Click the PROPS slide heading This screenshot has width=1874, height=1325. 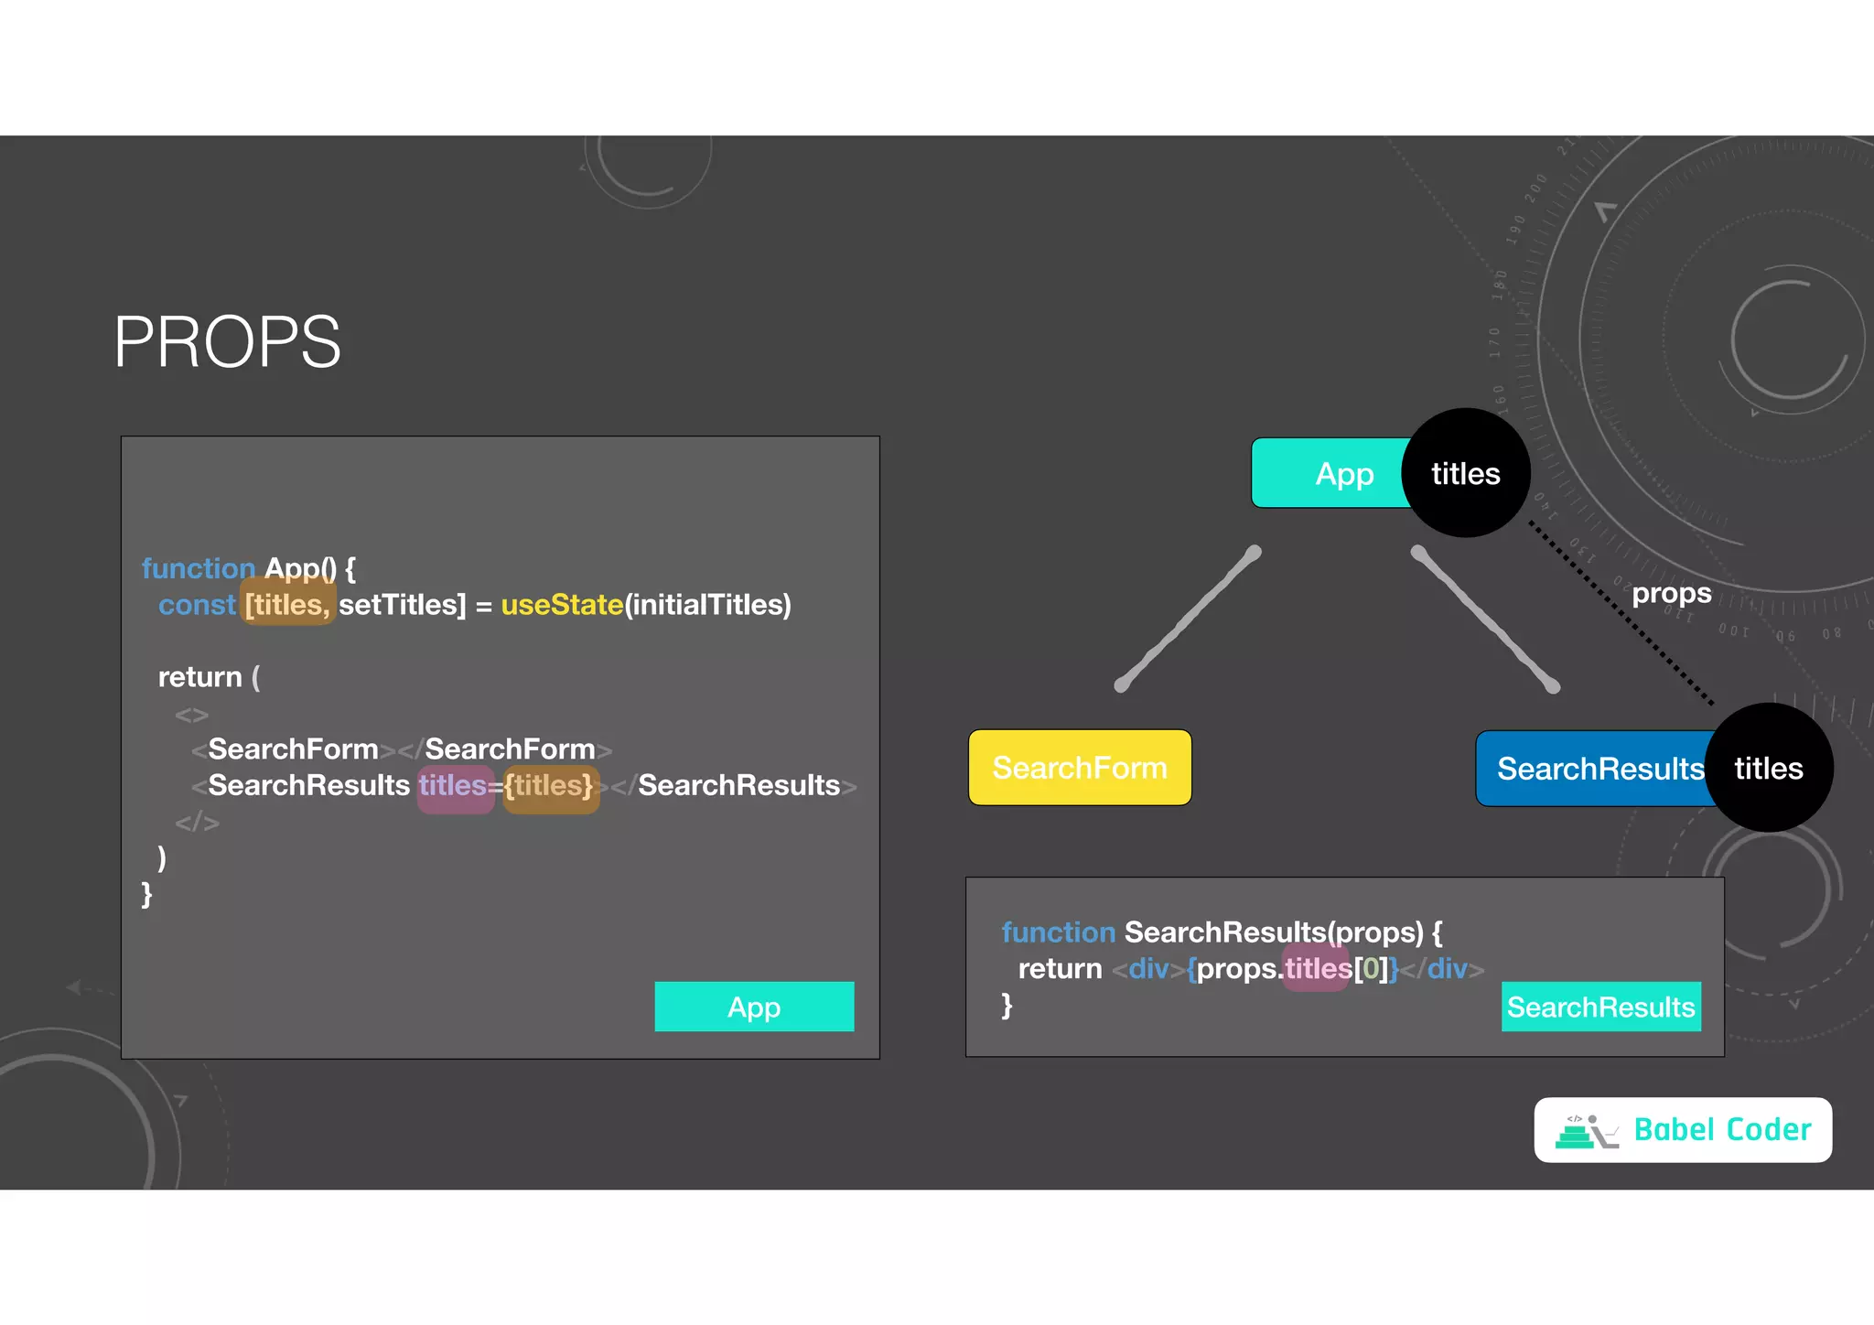227,342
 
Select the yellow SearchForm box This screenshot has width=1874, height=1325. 1080,768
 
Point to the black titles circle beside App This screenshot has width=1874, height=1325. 1466,473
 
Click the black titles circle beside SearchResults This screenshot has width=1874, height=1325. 1769,768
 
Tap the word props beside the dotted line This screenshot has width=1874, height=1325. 1671,593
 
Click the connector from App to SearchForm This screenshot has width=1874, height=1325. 1188,619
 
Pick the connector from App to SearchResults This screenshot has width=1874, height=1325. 1485,619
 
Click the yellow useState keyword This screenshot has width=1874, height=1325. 562,605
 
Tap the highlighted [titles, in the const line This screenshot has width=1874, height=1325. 287,605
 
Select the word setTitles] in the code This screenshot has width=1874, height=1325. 402,605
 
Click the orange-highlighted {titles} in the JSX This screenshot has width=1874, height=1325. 550,786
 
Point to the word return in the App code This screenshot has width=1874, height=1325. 199,677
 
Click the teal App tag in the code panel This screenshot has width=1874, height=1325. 754,1007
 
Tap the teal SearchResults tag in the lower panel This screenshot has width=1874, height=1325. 1600,1007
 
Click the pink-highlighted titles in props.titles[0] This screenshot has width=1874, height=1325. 1318,968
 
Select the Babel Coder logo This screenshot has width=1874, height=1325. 1683,1130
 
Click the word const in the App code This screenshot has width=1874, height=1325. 197,605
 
